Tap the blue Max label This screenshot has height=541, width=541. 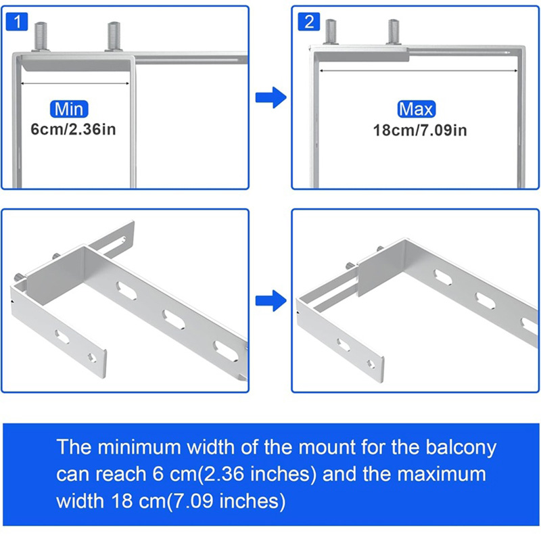(417, 109)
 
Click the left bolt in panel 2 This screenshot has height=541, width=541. (331, 32)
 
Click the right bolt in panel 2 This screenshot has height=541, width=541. (393, 32)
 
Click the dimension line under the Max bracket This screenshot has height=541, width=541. (419, 70)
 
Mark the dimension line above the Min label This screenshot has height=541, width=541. (75, 84)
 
